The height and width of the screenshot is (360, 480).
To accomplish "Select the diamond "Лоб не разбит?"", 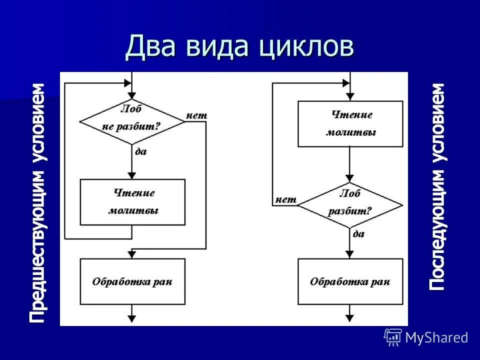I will (x=132, y=121).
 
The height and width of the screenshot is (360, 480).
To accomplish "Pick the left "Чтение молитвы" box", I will (x=132, y=202).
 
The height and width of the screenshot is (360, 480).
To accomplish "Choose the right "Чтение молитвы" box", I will (x=350, y=123).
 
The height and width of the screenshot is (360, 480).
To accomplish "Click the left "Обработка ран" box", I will (x=132, y=281).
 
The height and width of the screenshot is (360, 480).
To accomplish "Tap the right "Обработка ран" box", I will (x=350, y=281).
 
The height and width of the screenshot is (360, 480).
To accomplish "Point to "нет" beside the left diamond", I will (x=196, y=115).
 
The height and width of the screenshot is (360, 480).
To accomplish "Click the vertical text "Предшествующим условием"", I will (x=37, y=202).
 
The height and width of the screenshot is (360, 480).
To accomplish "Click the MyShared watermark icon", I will (x=393, y=337).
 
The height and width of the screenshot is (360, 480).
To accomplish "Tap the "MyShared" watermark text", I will (x=436, y=337).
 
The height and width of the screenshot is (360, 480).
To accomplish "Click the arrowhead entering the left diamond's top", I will (x=132, y=95).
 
